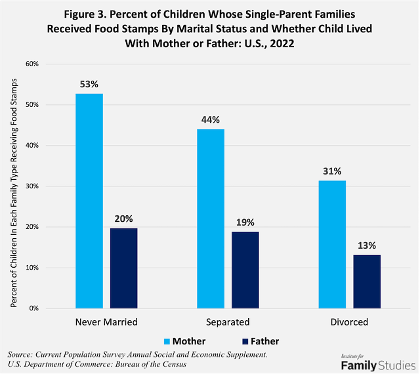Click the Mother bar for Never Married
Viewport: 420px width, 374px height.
pyautogui.click(x=89, y=201)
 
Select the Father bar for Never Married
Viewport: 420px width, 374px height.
pyautogui.click(x=123, y=268)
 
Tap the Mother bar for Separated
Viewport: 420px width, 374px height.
pyautogui.click(x=210, y=218)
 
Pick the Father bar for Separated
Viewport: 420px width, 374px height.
pyautogui.click(x=245, y=270)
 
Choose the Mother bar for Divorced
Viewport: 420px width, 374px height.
pyautogui.click(x=331, y=244)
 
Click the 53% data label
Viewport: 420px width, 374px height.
pyautogui.click(x=89, y=85)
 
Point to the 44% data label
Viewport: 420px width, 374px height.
pyautogui.click(x=210, y=120)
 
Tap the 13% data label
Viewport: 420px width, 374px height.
pyautogui.click(x=366, y=245)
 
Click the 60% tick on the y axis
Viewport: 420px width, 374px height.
pyautogui.click(x=31, y=64)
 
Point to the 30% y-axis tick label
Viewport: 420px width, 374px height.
pyautogui.click(x=31, y=186)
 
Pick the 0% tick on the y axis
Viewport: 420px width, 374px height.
pyautogui.click(x=34, y=308)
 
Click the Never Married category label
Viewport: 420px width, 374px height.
pyautogui.click(x=106, y=322)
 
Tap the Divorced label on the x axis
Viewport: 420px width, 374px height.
pyautogui.click(x=349, y=322)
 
